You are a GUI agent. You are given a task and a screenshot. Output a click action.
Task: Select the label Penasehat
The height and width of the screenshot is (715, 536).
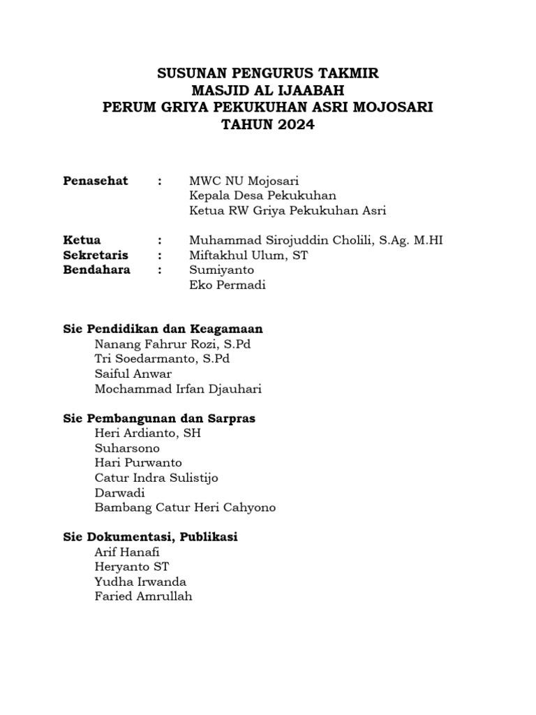(96, 181)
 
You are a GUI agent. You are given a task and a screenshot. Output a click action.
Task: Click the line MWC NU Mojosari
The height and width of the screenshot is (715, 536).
(244, 181)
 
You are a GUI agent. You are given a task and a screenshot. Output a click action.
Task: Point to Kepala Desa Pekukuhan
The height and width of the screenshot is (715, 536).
(262, 196)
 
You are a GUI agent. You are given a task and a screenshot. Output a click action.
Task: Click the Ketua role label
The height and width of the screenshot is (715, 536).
(82, 240)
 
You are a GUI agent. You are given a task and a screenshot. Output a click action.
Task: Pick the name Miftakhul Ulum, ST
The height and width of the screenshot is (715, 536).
(248, 255)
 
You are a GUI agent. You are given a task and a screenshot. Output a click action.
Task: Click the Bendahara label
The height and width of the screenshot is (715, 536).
(96, 270)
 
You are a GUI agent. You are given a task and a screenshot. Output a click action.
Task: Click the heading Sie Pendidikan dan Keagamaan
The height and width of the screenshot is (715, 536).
(163, 329)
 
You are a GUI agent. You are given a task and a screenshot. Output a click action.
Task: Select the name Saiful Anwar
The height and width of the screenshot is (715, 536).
(133, 374)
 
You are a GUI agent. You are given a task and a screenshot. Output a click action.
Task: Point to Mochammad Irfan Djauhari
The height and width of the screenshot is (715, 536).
(178, 389)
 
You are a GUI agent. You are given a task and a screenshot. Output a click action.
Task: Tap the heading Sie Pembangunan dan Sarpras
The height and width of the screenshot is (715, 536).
(159, 419)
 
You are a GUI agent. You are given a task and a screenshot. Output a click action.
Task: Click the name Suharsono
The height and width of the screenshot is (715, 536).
(127, 448)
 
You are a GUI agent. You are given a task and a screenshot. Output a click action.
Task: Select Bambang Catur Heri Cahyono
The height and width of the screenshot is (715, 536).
(185, 508)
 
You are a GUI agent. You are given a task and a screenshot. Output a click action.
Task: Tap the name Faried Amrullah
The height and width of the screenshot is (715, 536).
(143, 596)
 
